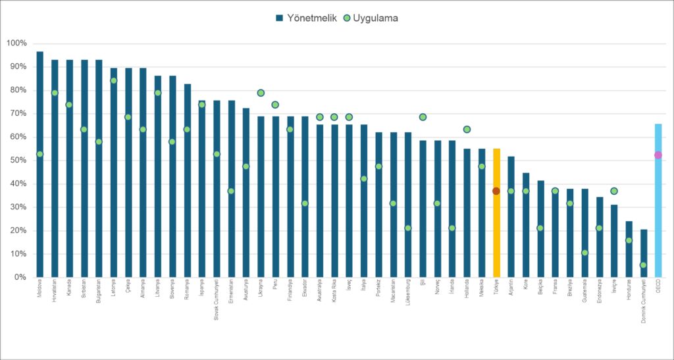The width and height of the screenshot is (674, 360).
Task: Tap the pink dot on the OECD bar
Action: point(658,155)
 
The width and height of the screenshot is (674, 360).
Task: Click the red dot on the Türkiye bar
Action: point(496,191)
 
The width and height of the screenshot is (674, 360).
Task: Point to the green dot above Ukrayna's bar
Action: point(261,93)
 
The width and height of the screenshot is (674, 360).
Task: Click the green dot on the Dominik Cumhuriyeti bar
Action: point(643,265)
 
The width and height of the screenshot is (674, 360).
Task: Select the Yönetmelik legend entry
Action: point(307,18)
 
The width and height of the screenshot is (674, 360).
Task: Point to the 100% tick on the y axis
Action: point(16,43)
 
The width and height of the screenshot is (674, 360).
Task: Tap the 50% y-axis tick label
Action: point(18,161)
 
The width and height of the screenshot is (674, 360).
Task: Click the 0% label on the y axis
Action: point(20,277)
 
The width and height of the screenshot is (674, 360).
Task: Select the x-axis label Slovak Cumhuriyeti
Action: point(217,307)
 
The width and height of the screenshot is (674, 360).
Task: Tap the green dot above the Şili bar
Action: point(423,117)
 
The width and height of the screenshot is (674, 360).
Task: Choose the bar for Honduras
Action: point(629,257)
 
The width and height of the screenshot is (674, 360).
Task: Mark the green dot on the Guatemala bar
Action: point(584,253)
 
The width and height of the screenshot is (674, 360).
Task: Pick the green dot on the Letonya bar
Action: point(113,81)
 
